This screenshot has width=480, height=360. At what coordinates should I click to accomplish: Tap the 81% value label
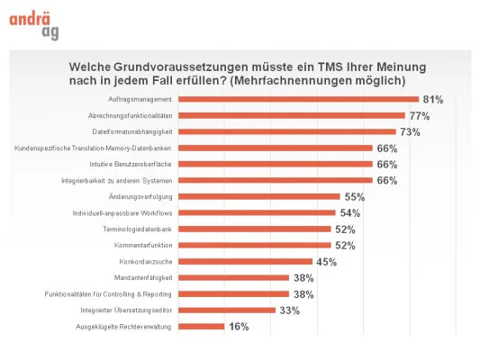point(432,100)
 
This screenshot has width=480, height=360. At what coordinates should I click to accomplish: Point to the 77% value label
point(419,116)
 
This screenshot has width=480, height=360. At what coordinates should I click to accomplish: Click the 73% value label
point(410,132)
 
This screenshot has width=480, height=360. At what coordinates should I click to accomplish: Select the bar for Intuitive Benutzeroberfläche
point(276,164)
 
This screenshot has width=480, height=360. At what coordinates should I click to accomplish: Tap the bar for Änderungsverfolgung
point(259,196)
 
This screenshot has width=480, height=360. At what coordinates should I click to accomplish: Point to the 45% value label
point(326,262)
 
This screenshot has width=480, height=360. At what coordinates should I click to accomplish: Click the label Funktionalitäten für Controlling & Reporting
point(108,293)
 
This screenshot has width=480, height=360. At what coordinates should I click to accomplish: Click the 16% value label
point(238,327)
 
